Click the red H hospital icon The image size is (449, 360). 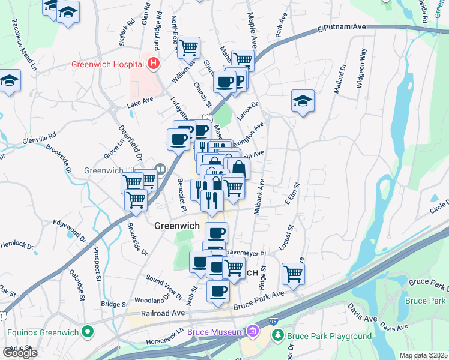154,62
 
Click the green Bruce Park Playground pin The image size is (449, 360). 277,337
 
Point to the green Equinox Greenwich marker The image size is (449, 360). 88,331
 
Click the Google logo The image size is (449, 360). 20,353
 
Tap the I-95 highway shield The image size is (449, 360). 273,322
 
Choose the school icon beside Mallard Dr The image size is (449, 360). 303,101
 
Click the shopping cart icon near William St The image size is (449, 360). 188,47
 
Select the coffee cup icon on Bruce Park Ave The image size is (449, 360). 218,291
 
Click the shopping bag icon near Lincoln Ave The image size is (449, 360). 238,168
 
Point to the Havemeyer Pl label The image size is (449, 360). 246,254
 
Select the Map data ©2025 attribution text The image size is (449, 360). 423,355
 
